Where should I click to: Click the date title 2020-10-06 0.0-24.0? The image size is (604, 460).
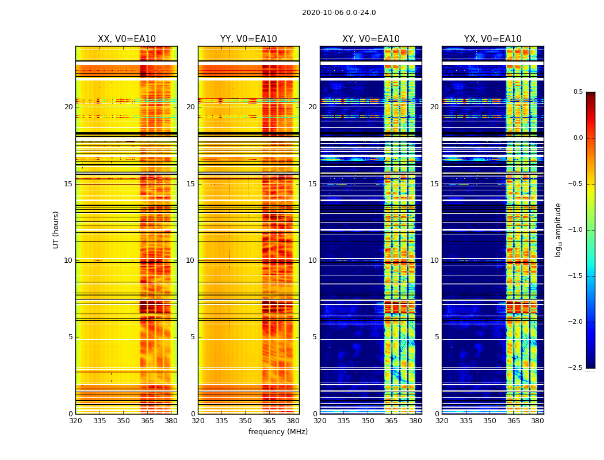coord(339,13)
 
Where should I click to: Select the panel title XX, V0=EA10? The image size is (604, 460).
coord(127,39)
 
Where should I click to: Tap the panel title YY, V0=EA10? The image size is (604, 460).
coord(249,39)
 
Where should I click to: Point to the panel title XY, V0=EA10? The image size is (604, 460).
coord(370,39)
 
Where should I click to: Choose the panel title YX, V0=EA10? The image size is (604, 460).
coord(492,39)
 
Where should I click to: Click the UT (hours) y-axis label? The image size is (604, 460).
coord(56,229)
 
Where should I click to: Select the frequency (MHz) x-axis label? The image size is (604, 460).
coord(278,432)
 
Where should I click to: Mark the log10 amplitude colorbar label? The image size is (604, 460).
coord(558,229)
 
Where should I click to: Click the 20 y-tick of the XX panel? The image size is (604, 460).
coord(68,107)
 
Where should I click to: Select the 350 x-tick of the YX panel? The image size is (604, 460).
coord(490,421)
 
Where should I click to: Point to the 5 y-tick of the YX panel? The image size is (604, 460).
coord(437,337)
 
